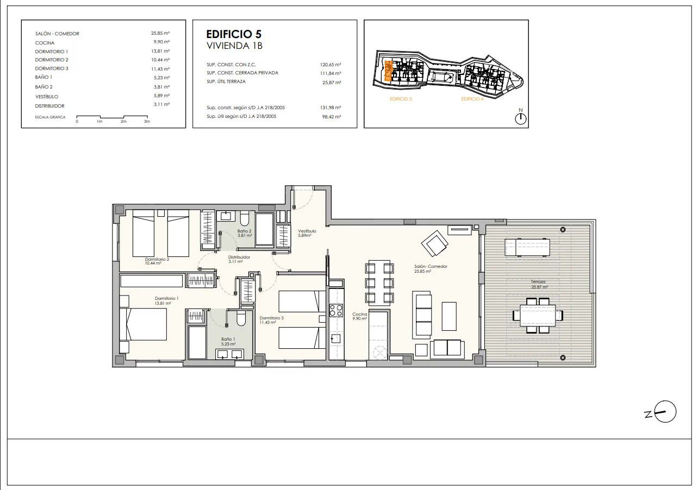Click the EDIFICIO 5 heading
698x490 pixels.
coord(234,34)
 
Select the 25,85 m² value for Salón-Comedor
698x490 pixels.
coord(160,33)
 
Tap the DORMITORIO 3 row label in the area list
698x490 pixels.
coord(52,68)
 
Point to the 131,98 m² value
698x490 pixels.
coord(331,108)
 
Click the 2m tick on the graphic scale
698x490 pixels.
coord(124,121)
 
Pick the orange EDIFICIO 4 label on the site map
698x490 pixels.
coord(472,99)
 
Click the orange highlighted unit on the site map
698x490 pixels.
coord(388,71)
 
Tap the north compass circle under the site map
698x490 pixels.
coord(520,119)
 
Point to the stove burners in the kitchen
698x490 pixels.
coord(336,310)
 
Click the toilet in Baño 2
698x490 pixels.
coord(245,218)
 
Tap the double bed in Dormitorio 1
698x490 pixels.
coord(143,324)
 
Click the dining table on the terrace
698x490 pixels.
coord(538,316)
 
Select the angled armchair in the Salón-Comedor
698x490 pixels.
coord(435,243)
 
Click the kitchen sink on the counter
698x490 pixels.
coord(335,338)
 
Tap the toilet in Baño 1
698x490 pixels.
coord(241,318)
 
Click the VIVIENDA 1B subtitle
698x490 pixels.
coord(234,46)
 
